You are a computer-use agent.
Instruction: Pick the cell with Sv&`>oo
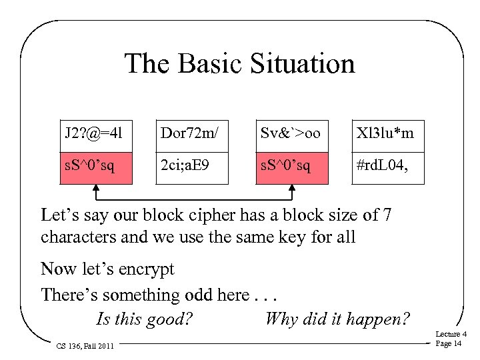295,133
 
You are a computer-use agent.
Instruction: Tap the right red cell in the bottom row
295,165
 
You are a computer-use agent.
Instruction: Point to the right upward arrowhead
291,189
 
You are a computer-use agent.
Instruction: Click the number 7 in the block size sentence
387,215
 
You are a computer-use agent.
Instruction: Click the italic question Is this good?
145,319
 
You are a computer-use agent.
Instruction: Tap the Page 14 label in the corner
448,343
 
